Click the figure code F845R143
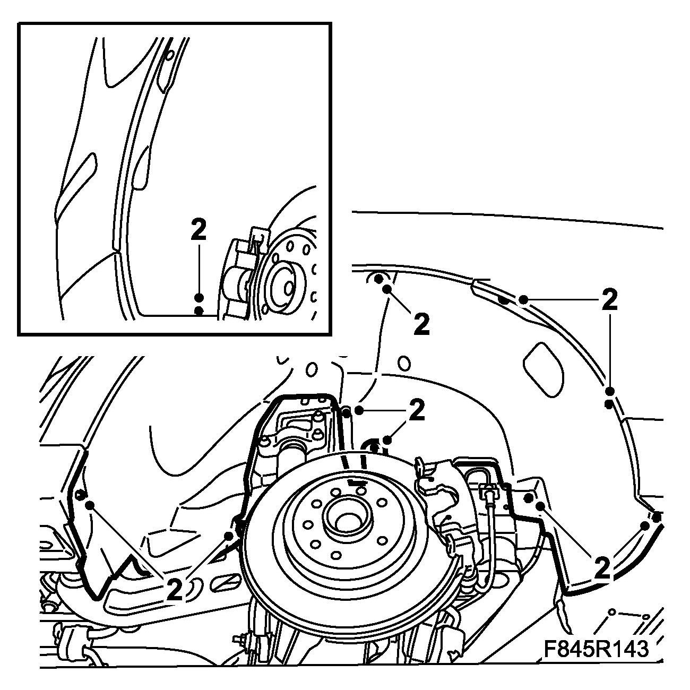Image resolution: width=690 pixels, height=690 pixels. [x=596, y=649]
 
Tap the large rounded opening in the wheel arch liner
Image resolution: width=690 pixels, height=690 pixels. [x=543, y=369]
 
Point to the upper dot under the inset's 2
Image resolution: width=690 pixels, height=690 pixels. [x=199, y=298]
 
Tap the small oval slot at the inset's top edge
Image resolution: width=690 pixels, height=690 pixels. [x=170, y=55]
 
